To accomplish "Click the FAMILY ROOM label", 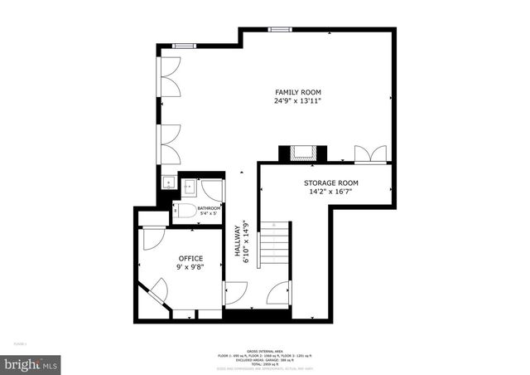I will (x=297, y=92).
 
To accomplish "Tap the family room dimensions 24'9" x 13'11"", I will (x=297, y=101).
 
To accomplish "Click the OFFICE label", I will (x=190, y=259).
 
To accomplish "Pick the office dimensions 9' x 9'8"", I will (x=190, y=268).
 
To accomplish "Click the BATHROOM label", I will (x=208, y=207).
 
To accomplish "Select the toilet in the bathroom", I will (x=185, y=211).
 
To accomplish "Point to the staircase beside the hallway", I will (x=275, y=244).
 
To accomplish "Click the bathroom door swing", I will (x=211, y=189).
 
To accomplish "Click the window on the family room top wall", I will (x=280, y=29).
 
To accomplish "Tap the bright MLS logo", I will (x=31, y=363).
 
